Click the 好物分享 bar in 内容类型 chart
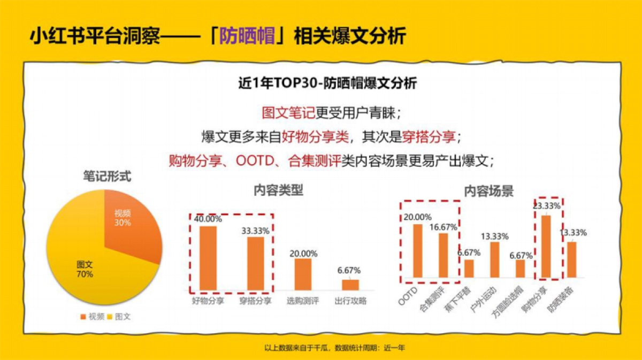tap(208, 258)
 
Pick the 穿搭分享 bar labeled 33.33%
tap(255, 263)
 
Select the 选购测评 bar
tap(302, 274)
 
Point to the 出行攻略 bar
tap(350, 284)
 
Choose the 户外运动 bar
tap(495, 259)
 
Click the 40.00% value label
tap(208, 219)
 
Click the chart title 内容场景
tap(488, 191)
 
